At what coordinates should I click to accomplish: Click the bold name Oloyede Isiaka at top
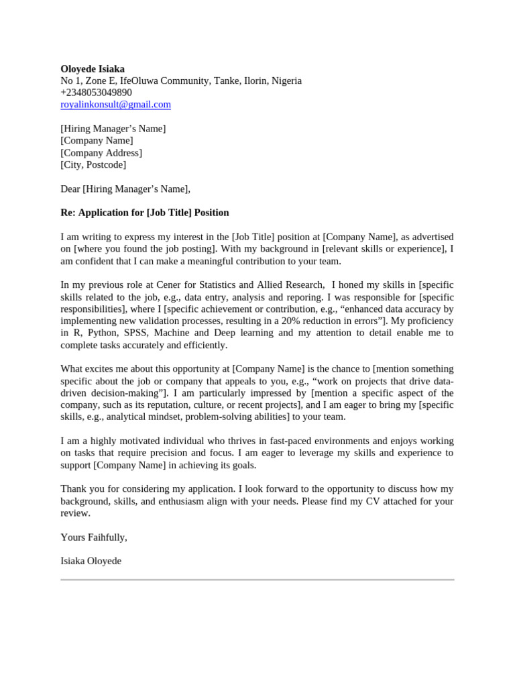coord(93,68)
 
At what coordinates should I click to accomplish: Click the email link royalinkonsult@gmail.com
coord(115,105)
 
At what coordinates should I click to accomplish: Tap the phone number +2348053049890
coord(96,93)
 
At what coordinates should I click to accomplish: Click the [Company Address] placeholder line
coord(101,153)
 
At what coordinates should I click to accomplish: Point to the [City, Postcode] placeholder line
coord(93,164)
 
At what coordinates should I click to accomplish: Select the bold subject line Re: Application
coord(144,213)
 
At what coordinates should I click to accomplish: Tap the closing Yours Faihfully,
coord(94,537)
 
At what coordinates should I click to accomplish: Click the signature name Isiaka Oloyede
coord(91,561)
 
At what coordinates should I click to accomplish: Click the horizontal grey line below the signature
coord(257,579)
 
